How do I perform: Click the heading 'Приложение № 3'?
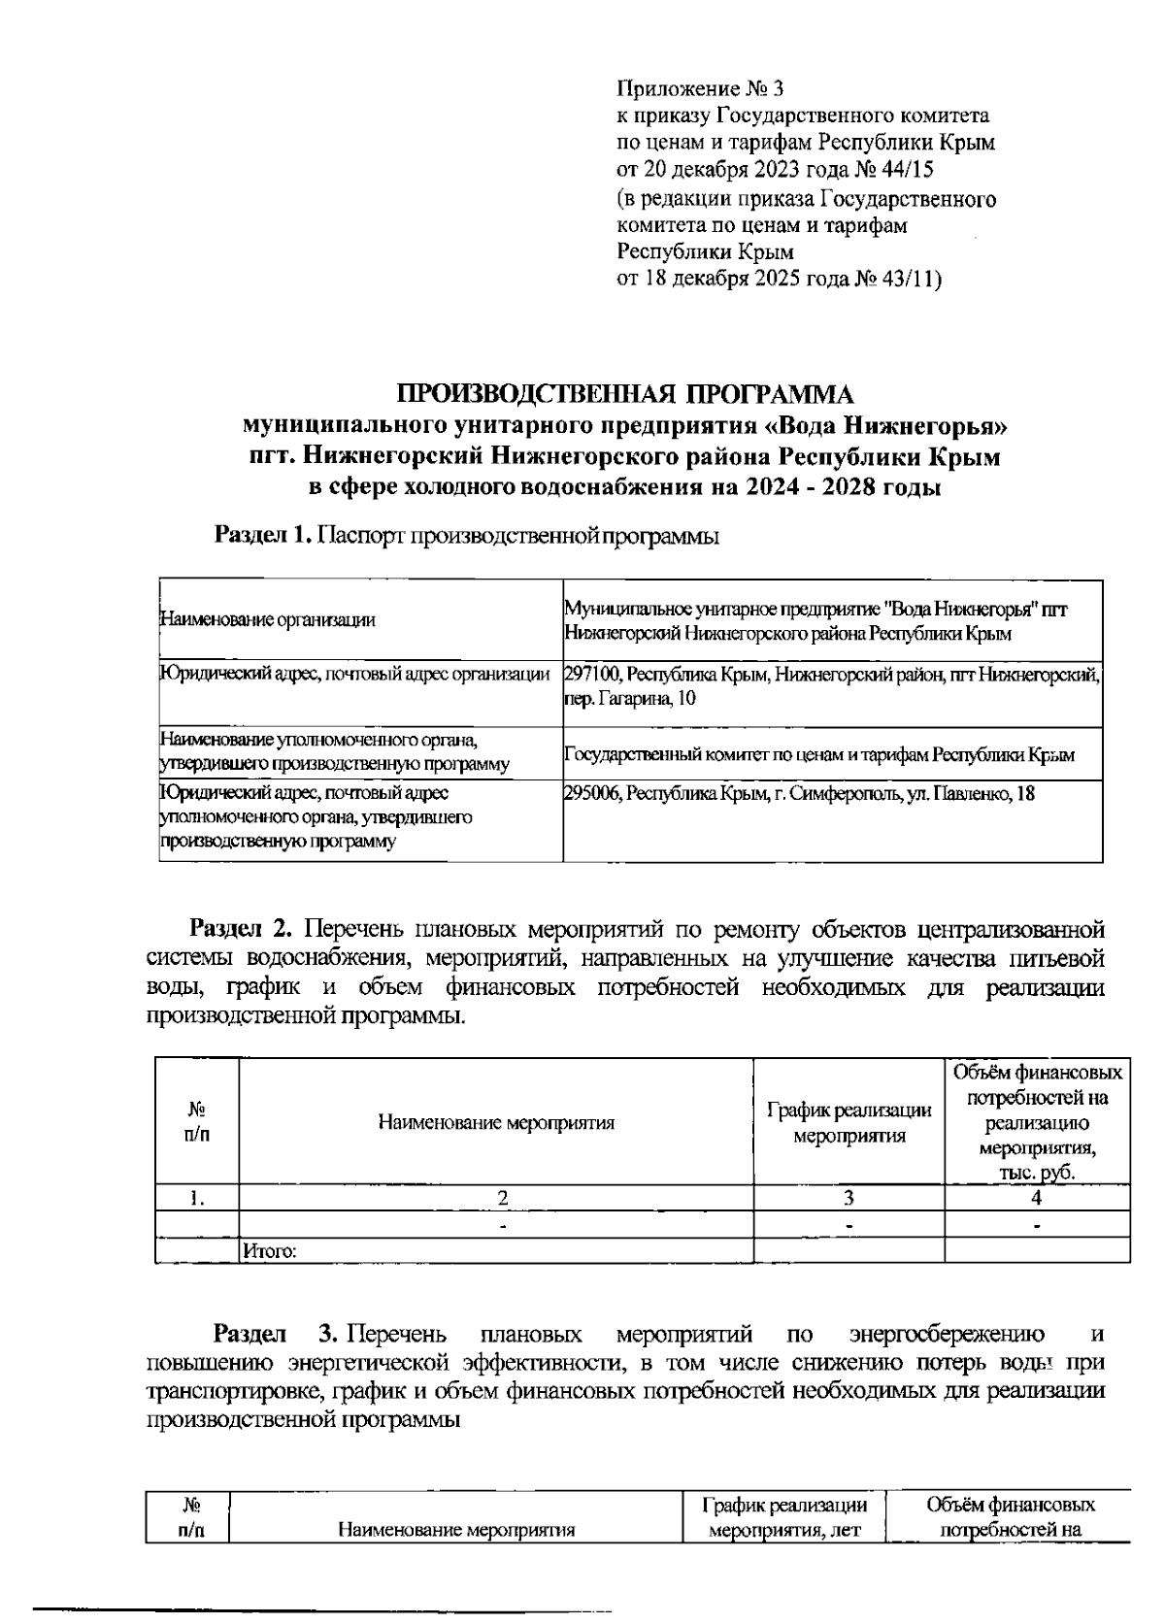(x=700, y=89)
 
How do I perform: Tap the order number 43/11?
(x=908, y=280)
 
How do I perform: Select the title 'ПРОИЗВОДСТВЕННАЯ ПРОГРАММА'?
(x=626, y=394)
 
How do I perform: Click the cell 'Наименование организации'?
(x=267, y=620)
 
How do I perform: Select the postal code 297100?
(x=593, y=673)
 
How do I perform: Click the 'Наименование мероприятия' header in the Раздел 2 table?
(x=496, y=1123)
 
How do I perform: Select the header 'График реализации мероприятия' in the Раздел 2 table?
(x=849, y=1122)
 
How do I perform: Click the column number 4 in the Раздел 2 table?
(x=1037, y=1197)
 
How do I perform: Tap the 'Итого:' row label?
(x=269, y=1251)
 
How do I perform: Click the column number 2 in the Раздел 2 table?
(x=502, y=1197)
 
